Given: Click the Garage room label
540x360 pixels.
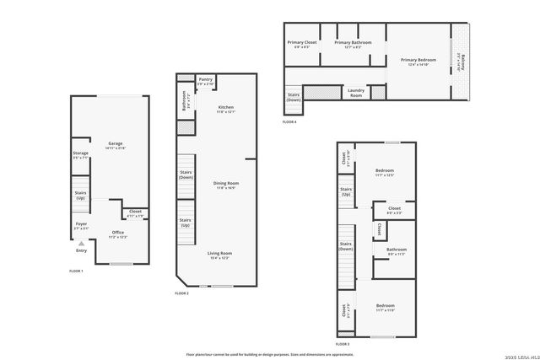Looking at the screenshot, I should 115,143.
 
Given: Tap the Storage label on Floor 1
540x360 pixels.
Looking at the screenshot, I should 80,153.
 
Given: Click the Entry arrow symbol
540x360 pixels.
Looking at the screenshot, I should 81,242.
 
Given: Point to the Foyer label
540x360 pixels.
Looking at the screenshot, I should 81,223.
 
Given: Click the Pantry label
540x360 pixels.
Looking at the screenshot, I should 205,80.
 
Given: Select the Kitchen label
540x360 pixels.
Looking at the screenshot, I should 226,108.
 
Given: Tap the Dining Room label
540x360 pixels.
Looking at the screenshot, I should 226,183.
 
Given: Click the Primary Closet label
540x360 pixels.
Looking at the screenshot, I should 301,42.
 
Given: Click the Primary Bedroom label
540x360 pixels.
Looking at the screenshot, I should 417,60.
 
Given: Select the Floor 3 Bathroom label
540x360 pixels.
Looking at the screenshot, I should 397,249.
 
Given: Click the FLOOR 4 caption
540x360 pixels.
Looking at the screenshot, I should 289,122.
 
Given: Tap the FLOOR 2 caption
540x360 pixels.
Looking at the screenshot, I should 181,293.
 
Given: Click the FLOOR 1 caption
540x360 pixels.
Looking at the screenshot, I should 76,271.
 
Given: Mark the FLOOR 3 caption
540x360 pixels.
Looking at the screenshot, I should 343,345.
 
